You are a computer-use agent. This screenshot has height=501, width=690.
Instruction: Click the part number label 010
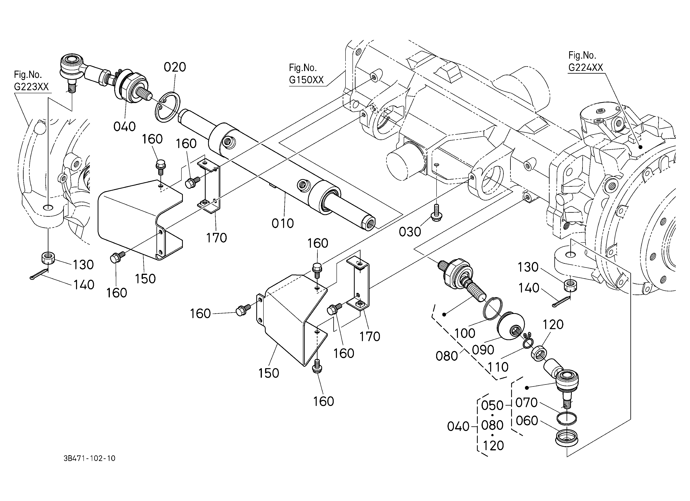[283, 223]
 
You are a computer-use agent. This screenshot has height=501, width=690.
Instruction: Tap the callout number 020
[175, 67]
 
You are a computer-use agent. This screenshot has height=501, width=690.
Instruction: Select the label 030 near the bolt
[410, 232]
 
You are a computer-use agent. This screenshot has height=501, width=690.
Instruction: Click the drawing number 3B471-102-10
[89, 458]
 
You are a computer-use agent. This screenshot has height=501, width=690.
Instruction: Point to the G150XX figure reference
[306, 80]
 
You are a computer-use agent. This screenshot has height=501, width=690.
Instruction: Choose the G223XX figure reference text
[31, 87]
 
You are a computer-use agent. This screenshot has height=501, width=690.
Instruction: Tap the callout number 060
[527, 421]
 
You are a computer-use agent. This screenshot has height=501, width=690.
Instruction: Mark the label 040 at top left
[124, 126]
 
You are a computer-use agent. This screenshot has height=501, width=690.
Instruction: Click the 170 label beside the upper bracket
[217, 238]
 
